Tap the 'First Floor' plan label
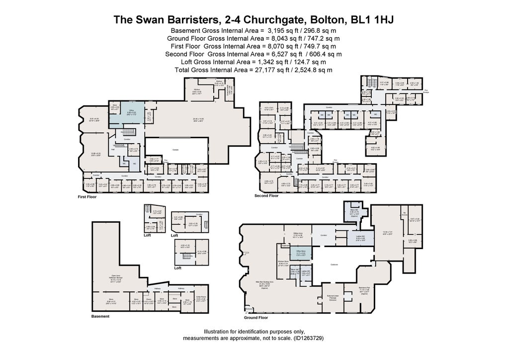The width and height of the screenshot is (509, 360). click(x=87, y=197)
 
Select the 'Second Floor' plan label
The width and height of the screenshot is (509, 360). click(x=266, y=196)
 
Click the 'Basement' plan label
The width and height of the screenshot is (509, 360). click(x=100, y=316)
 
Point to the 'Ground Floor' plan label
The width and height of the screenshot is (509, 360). click(x=256, y=317)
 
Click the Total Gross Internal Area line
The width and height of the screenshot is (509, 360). click(x=254, y=70)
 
